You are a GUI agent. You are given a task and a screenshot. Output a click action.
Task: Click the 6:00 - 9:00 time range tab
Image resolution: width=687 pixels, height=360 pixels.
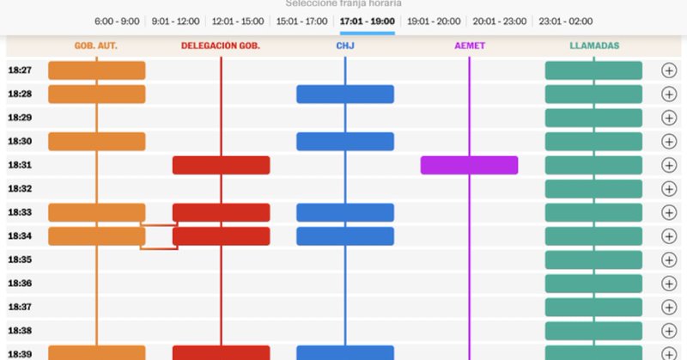point(117,21)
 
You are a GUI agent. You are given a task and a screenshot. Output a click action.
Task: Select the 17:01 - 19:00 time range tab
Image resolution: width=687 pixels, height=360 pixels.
point(367,21)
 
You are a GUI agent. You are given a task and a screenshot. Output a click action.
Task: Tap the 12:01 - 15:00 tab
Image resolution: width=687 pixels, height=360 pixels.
point(237,21)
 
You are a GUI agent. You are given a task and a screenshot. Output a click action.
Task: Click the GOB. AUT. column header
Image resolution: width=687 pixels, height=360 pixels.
point(96,46)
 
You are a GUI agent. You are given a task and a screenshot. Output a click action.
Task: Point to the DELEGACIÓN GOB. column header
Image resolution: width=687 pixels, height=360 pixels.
point(221,46)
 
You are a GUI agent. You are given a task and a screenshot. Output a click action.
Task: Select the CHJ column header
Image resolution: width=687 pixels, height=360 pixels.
point(345,46)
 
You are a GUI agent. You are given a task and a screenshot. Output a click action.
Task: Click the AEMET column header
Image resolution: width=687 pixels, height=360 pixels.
point(470,46)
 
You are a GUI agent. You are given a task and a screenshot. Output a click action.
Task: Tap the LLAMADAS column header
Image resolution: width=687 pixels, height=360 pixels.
point(593,46)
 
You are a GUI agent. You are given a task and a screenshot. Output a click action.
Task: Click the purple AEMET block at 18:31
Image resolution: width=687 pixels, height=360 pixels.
point(469,165)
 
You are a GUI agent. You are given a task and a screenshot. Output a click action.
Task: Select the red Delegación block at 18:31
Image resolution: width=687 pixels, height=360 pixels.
point(221,165)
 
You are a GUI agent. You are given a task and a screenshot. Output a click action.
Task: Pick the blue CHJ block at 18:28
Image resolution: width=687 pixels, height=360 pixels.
point(345,95)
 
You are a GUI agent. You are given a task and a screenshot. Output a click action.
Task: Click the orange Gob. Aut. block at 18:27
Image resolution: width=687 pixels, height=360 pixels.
point(96,70)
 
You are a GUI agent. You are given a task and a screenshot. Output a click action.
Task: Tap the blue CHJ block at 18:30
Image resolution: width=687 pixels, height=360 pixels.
point(345,142)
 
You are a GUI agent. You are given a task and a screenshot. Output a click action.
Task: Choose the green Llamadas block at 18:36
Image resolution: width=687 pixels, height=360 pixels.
point(593,284)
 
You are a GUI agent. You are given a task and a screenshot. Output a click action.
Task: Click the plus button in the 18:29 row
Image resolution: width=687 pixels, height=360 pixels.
point(669,118)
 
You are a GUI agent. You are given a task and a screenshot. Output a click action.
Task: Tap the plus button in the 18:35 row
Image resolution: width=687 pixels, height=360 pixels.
point(669,259)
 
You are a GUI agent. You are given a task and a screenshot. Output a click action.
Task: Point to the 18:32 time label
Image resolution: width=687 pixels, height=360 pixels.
point(20,189)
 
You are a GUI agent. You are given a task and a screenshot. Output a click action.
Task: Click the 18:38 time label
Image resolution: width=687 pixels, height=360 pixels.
point(20,331)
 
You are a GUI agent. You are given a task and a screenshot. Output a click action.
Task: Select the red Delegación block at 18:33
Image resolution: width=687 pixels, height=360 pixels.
point(221,212)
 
